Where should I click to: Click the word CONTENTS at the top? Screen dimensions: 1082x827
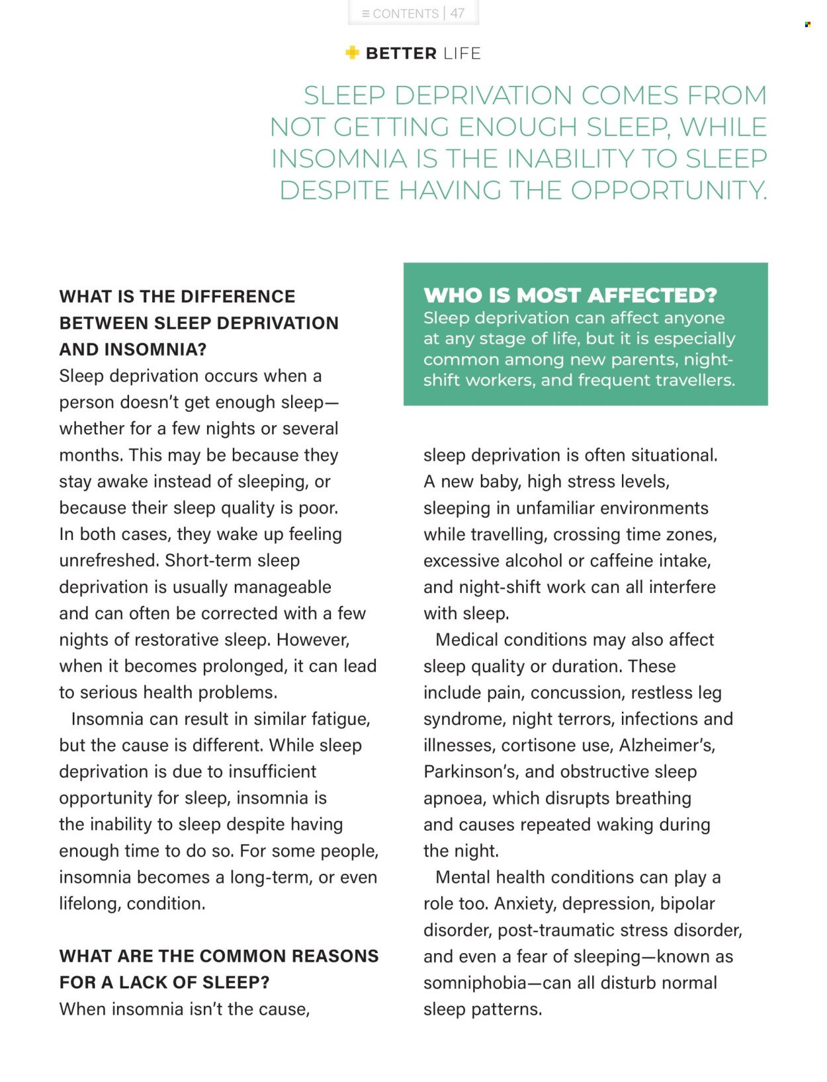pos(405,13)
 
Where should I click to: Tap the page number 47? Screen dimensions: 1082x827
pos(457,13)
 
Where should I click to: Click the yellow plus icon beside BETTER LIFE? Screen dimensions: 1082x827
pos(352,52)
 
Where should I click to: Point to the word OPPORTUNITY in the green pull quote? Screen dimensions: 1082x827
pos(668,190)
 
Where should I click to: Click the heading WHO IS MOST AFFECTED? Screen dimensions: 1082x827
pos(570,295)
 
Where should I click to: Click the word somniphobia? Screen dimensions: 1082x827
pos(475,983)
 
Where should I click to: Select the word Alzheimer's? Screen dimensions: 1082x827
pos(667,745)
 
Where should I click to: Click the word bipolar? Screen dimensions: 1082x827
pos(687,904)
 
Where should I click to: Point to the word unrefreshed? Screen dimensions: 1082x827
pos(109,560)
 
